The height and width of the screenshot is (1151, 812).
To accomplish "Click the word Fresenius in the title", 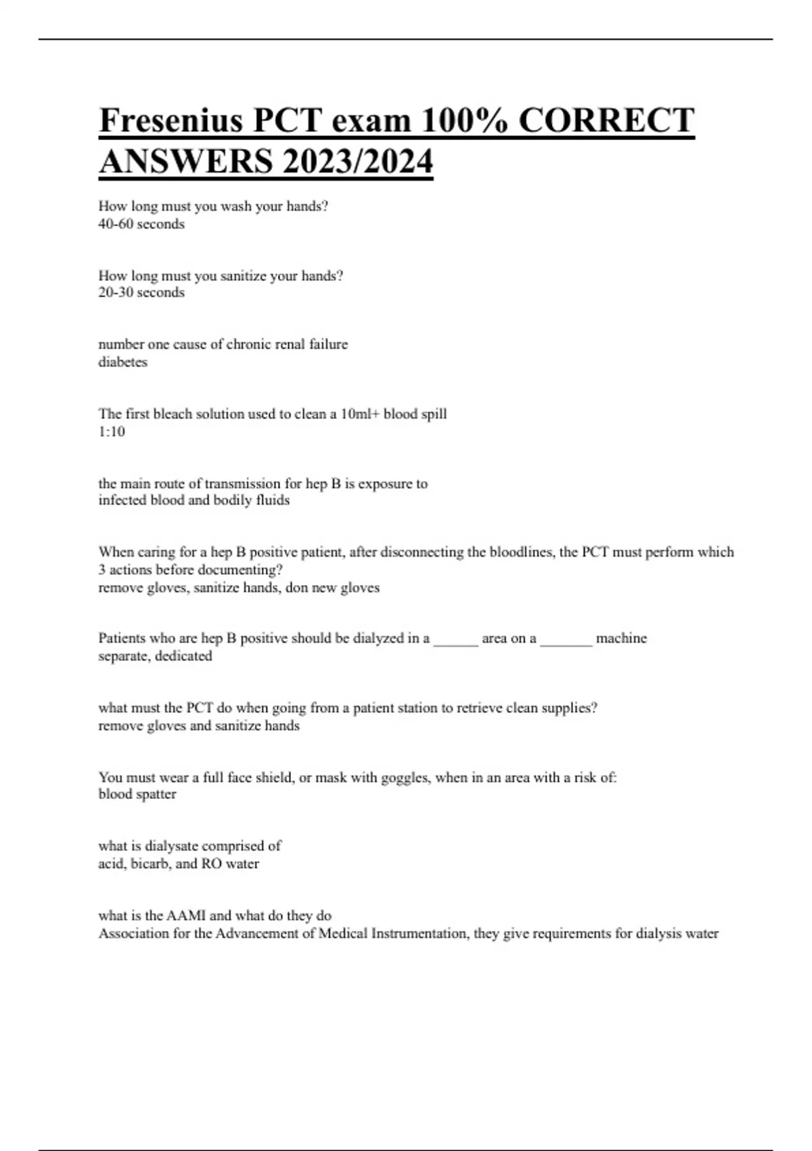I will pyautogui.click(x=171, y=121).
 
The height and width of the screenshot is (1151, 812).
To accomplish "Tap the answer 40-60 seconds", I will pyautogui.click(x=141, y=224).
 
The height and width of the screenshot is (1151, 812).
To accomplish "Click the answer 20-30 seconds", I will pyautogui.click(x=141, y=292).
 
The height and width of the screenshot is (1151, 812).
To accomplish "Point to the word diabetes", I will pyautogui.click(x=122, y=362).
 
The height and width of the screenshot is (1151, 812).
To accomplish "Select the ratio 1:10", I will pyautogui.click(x=112, y=432).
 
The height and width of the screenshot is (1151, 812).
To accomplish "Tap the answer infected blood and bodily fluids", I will pyautogui.click(x=194, y=500).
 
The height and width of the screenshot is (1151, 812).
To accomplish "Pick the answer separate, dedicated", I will pyautogui.click(x=155, y=656).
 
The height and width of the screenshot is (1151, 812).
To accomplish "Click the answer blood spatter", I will pyautogui.click(x=137, y=794).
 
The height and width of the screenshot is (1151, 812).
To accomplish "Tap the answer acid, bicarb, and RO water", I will pyautogui.click(x=179, y=864).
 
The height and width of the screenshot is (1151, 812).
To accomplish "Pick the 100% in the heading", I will pyautogui.click(x=466, y=121).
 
